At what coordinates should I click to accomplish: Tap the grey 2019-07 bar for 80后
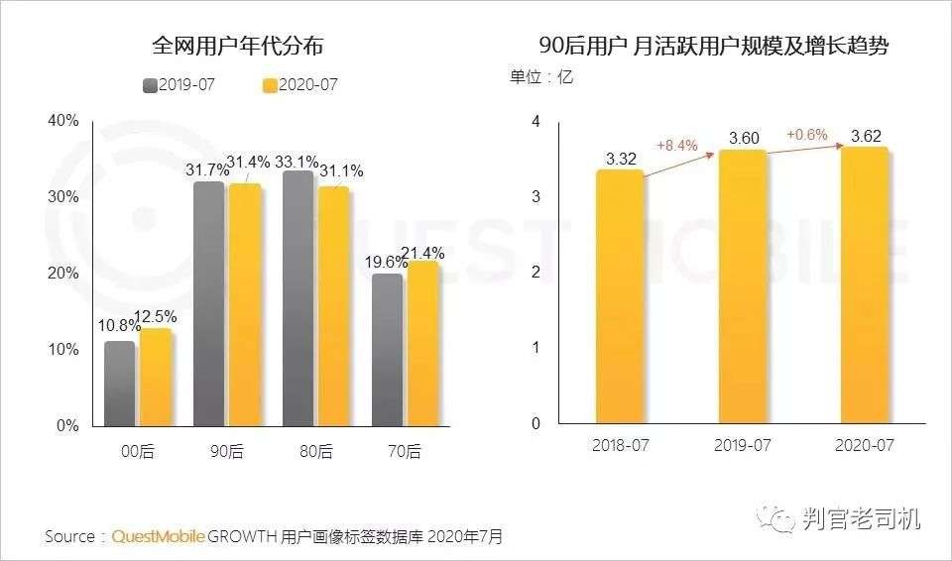coord(297,297)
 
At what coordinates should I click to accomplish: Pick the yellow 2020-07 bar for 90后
coord(243,303)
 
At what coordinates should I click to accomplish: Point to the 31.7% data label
coord(205,170)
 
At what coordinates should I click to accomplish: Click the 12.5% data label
coord(157,317)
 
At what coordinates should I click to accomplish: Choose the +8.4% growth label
coord(677,146)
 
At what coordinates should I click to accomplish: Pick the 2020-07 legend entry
coord(300,84)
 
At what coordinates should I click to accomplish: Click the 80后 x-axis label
coord(317,452)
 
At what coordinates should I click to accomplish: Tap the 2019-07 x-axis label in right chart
coord(743,445)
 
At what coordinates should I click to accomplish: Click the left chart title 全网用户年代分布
coord(238,46)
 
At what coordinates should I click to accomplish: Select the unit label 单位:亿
coord(541,76)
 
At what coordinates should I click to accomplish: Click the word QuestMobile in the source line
coord(159,536)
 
